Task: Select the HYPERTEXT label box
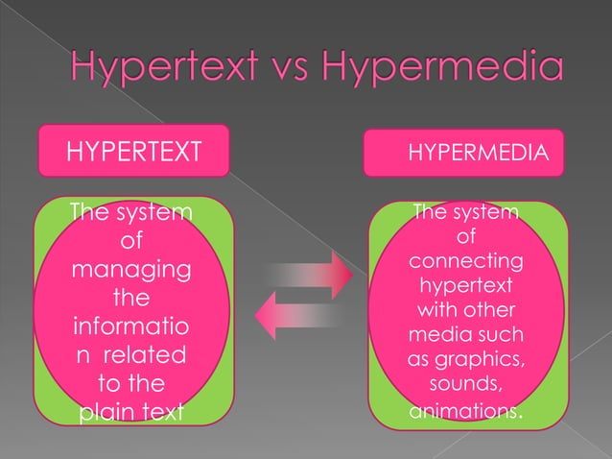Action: click(133, 151)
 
